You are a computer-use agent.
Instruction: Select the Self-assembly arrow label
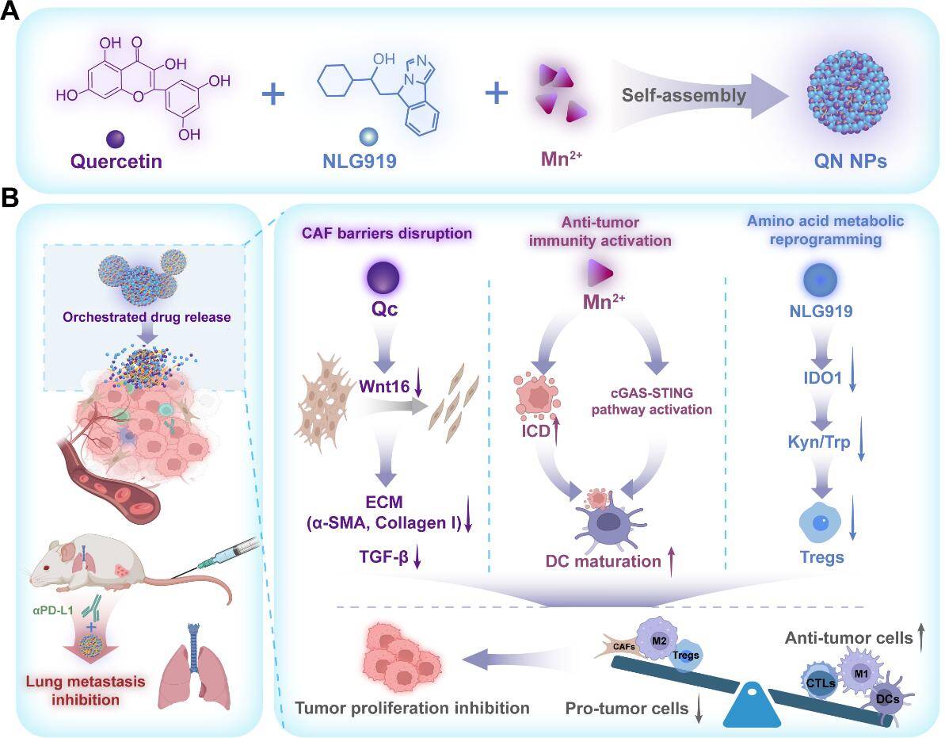(x=684, y=96)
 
